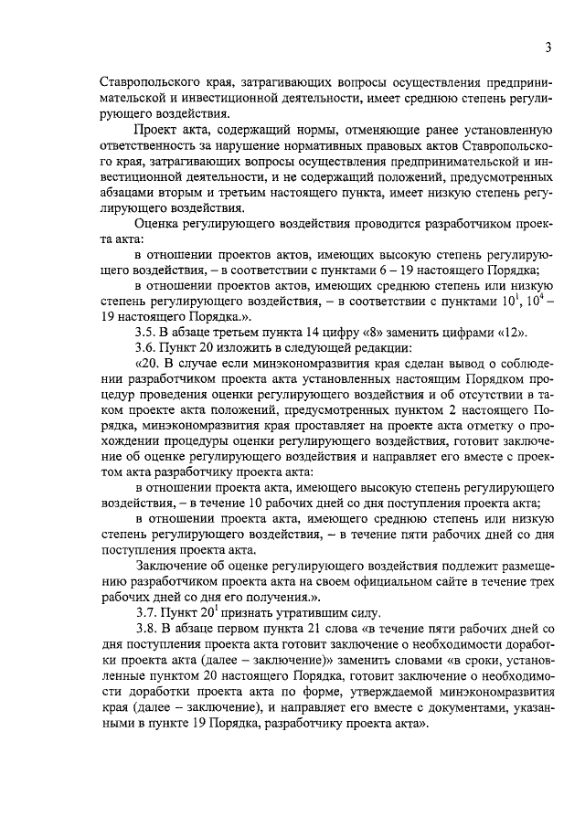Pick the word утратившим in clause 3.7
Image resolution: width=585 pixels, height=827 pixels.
[298, 612]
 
